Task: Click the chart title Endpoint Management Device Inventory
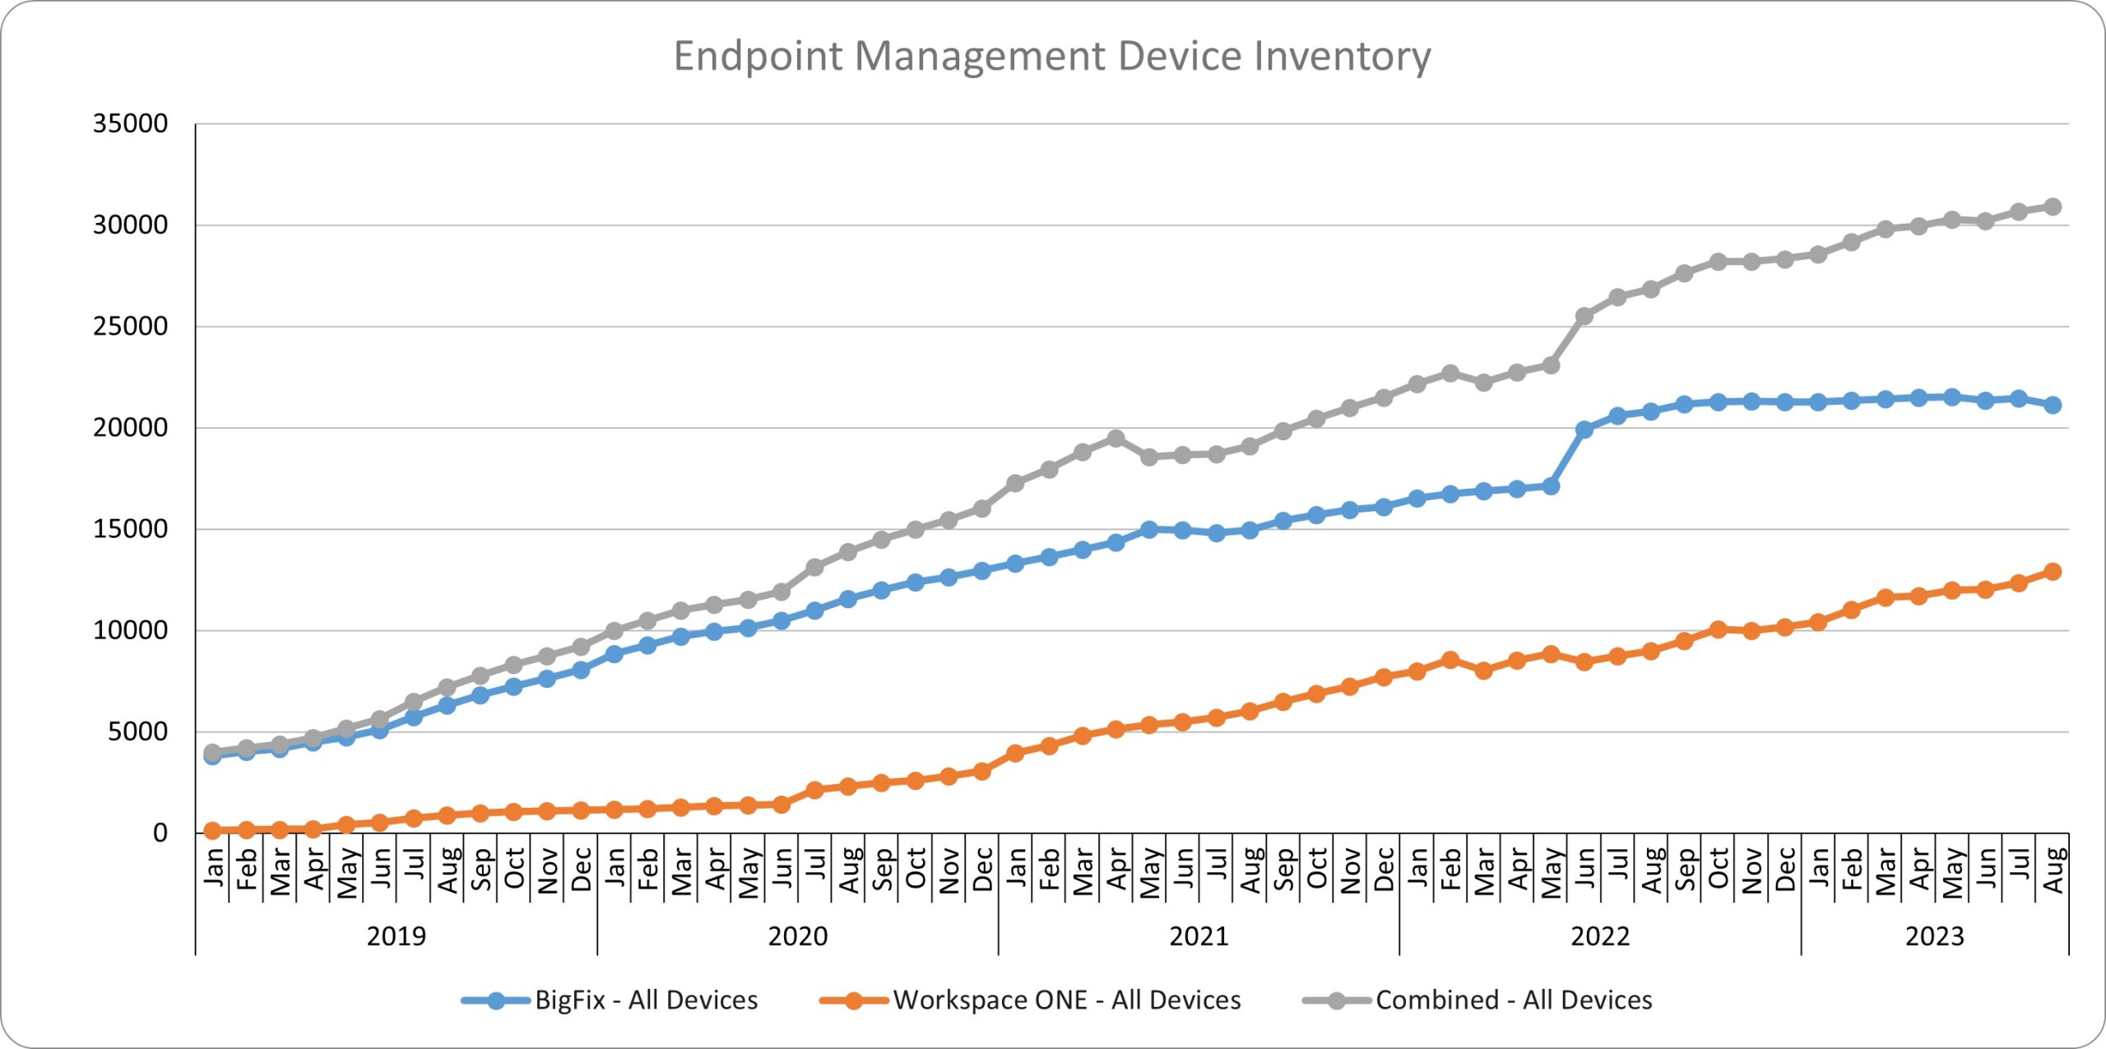pos(1052,57)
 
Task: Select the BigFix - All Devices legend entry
pos(646,1000)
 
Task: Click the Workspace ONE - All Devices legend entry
pos(1067,1000)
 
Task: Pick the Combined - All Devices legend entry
pos(1514,1000)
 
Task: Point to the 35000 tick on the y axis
pos(130,124)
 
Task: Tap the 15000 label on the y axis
pos(130,529)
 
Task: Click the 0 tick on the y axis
pos(160,833)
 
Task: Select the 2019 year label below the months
pos(396,936)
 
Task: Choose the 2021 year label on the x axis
pos(1199,936)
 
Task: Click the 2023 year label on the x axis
pos(1934,936)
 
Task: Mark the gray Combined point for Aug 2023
pos(2053,207)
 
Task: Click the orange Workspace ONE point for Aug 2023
pos(2053,571)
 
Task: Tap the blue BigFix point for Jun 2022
pos(1584,429)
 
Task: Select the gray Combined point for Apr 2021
pos(1116,439)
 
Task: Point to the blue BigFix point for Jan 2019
pos(212,756)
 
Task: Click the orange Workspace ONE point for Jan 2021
pos(1015,753)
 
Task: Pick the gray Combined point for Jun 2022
pos(1584,316)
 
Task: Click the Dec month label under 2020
pos(981,870)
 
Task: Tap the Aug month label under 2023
pos(2053,870)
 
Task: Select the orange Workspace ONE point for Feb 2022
pos(1450,660)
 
